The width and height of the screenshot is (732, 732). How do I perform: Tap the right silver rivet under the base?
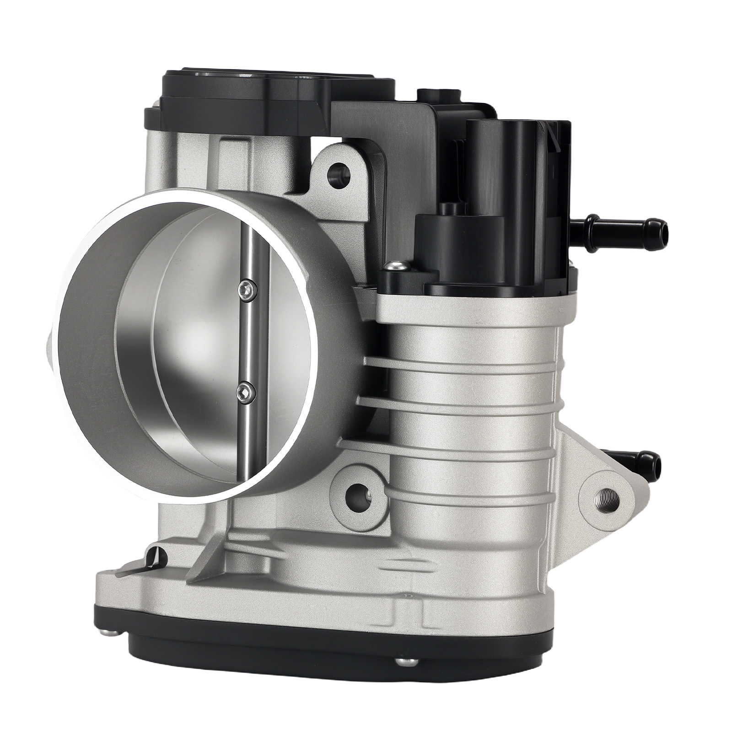(403, 672)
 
